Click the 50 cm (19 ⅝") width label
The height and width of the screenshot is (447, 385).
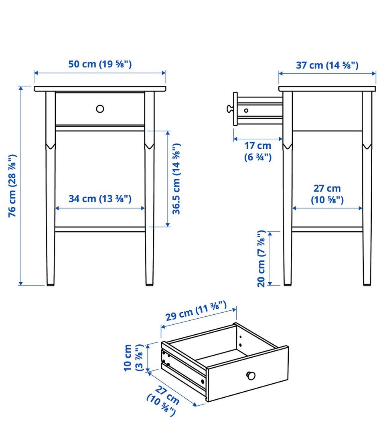100,64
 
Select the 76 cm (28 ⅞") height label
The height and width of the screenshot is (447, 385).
12,186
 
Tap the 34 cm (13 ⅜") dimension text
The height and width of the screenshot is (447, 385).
100,199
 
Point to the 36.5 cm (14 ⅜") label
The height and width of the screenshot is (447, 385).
176,179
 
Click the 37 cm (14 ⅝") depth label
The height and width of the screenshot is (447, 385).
327,65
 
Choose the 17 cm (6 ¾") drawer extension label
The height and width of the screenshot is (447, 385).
258,152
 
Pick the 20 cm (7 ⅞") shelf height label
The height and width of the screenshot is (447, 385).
261,259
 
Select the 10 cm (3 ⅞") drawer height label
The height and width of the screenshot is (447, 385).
133,358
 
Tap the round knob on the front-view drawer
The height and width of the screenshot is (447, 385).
100,109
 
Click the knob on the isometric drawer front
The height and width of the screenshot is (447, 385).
251,376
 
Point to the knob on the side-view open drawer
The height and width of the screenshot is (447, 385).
230,108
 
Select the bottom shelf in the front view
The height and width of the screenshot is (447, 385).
100,229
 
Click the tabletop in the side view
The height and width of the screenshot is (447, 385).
327,89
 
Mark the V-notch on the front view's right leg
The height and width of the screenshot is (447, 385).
150,146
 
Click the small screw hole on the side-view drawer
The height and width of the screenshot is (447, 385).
246,110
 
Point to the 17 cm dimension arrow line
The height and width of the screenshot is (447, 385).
258,139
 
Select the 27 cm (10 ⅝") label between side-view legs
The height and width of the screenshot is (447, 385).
327,194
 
